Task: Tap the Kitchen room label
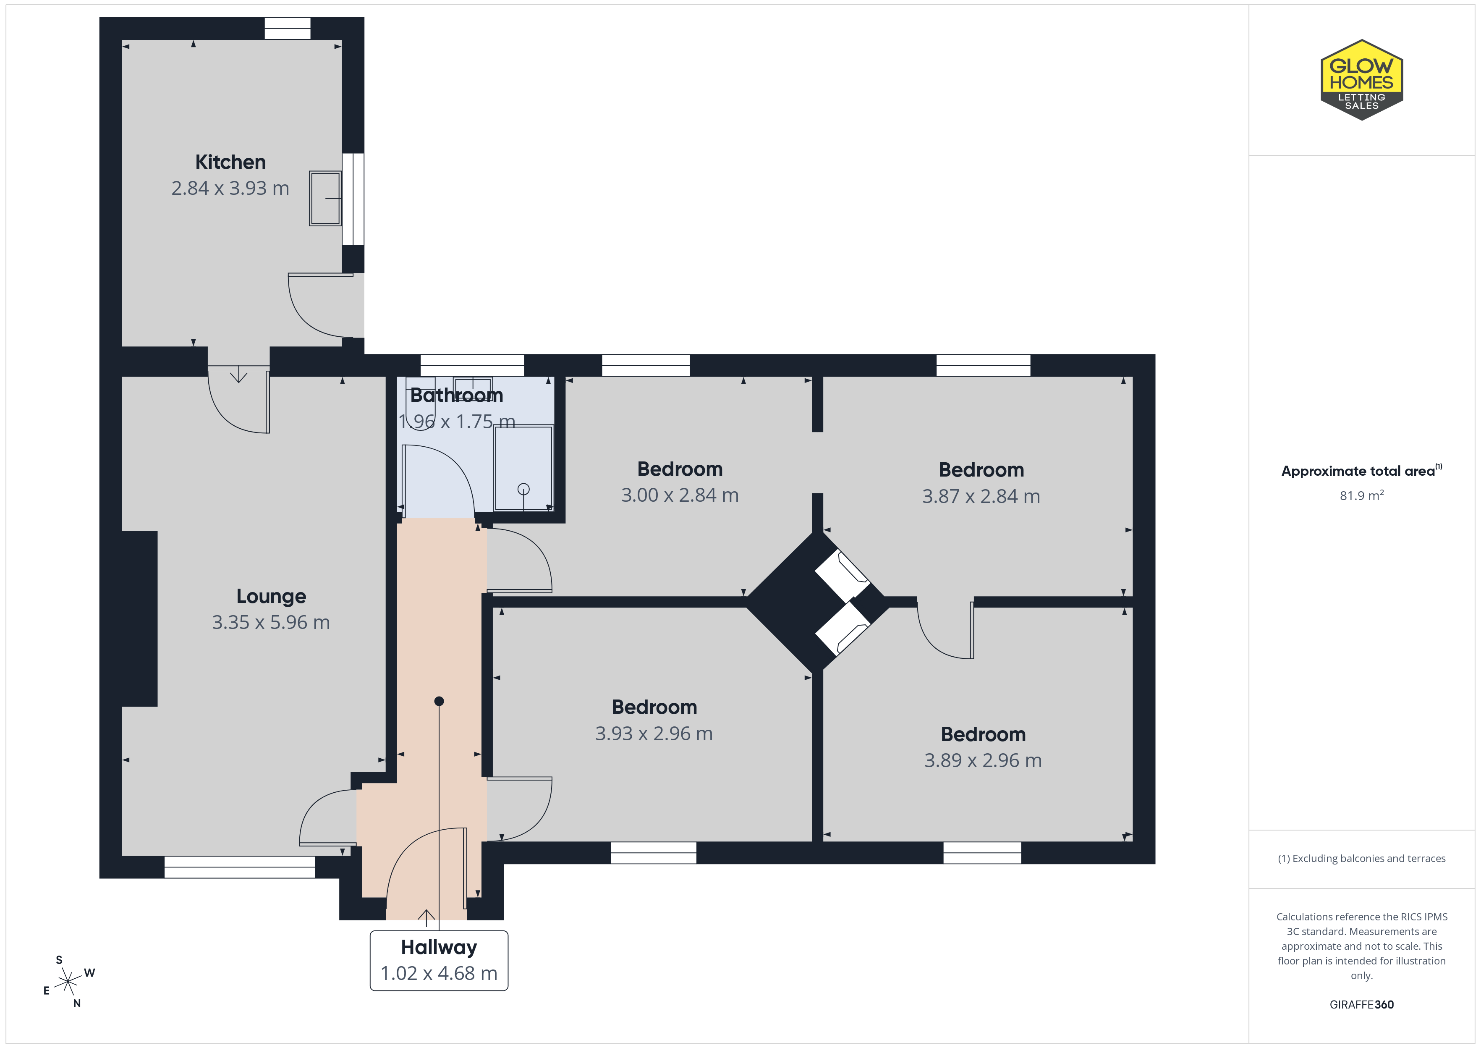(x=230, y=162)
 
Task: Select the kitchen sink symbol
(x=325, y=198)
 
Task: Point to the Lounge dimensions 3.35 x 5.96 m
(x=271, y=622)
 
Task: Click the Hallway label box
(x=439, y=960)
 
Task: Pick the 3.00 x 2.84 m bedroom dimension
(x=680, y=495)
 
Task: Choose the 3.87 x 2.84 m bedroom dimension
(x=981, y=496)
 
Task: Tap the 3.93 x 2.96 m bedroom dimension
(x=654, y=734)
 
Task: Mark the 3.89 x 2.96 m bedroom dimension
(x=983, y=760)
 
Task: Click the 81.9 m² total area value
(x=1362, y=495)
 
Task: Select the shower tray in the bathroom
(x=523, y=468)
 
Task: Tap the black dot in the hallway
(x=439, y=701)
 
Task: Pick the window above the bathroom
(x=472, y=365)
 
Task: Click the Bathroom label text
(x=457, y=395)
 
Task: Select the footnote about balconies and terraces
(x=1362, y=858)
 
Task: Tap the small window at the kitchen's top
(x=288, y=29)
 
